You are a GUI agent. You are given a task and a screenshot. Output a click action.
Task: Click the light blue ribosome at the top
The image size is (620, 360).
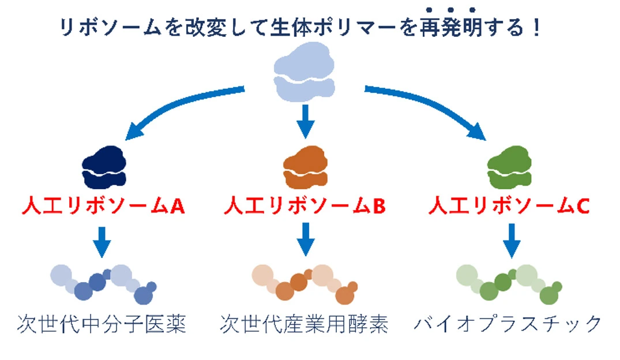303,77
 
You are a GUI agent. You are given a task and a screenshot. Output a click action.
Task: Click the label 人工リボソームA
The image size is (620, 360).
104,206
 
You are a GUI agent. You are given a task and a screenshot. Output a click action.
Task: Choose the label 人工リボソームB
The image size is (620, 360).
305,206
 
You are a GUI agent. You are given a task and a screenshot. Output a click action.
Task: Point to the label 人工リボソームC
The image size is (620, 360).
509,206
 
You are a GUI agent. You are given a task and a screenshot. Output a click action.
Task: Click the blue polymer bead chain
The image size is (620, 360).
104,283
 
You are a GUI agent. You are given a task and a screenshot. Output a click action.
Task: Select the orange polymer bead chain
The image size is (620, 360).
305,283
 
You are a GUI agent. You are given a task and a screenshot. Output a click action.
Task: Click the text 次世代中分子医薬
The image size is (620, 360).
102,324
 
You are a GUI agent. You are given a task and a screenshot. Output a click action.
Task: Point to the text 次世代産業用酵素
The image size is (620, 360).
304,324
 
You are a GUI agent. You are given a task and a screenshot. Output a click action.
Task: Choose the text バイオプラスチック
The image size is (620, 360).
508,324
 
